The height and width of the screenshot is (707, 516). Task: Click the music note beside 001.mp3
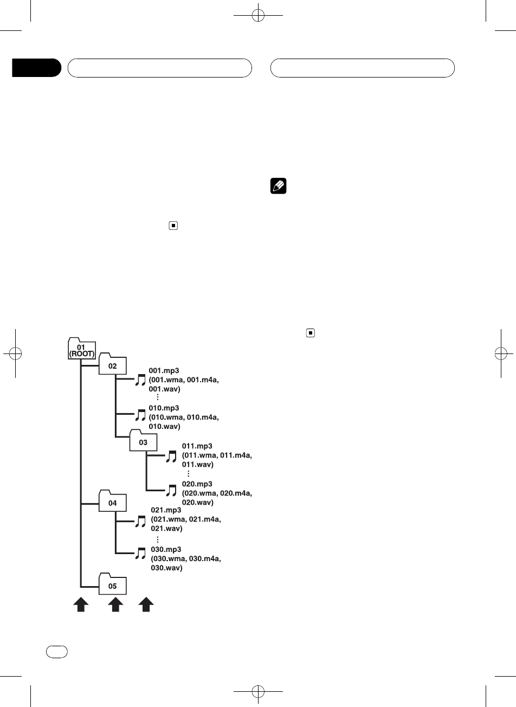[x=140, y=380]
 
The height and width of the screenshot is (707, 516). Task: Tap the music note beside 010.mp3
[x=140, y=416]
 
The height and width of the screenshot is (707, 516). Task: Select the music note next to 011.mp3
[x=171, y=457]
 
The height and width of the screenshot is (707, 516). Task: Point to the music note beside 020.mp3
[x=171, y=491]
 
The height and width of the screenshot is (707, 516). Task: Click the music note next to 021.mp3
[x=140, y=521]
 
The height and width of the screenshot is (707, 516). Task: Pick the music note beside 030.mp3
[x=140, y=553]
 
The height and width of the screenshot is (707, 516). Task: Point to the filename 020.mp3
[x=197, y=484]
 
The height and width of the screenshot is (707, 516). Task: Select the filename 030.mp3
[x=166, y=549]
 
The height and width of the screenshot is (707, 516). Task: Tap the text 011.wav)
[x=198, y=465]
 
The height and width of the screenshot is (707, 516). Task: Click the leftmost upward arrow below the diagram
[x=81, y=605]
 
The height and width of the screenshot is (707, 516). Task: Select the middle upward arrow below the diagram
[x=114, y=605]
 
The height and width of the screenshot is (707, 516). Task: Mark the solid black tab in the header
[x=36, y=68]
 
